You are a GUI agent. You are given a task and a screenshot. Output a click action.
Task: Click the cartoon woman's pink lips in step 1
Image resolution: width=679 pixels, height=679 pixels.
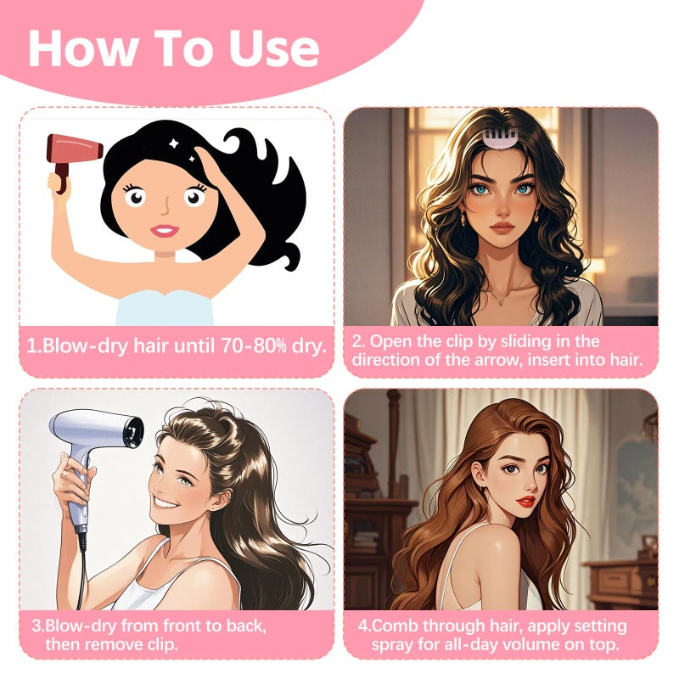165,229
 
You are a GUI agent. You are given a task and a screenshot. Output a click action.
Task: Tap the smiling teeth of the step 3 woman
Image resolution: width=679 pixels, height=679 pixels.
167,501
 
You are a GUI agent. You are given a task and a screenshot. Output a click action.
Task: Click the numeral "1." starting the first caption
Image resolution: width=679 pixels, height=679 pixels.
34,346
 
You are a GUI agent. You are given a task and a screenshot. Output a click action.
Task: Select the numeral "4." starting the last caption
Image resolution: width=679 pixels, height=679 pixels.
364,627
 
